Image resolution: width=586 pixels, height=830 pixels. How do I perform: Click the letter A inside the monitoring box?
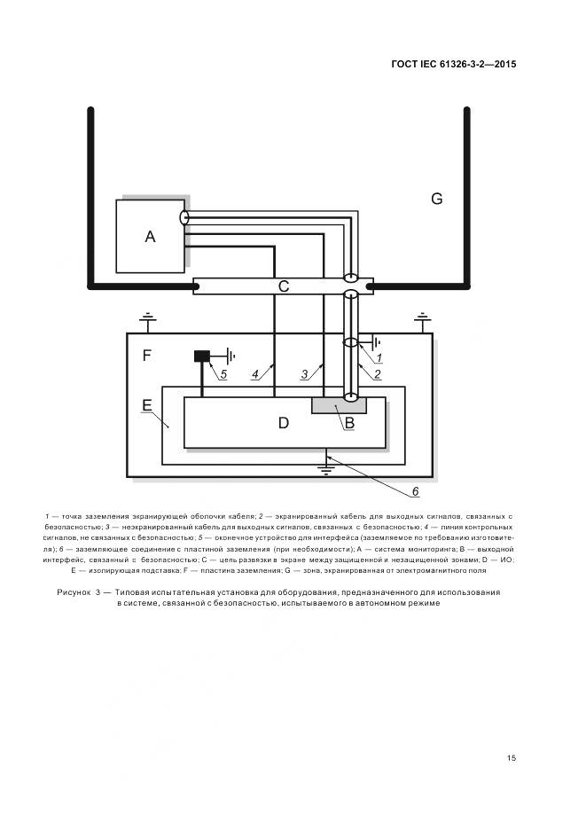tap(150, 237)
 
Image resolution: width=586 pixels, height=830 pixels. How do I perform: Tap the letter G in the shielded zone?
tap(436, 199)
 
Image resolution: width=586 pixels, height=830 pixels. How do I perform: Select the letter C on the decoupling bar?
tap(283, 286)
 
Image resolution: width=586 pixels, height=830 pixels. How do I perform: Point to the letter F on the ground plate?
tap(147, 356)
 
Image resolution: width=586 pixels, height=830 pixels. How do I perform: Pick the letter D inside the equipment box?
tap(283, 423)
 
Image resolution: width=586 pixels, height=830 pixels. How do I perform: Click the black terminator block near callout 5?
tap(202, 356)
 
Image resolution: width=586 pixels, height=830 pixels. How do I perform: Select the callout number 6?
tap(414, 490)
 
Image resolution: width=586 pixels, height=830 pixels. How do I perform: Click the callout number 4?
tap(254, 374)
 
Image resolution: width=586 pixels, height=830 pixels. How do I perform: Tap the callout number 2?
tap(377, 374)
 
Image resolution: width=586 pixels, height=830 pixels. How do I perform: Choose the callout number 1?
tap(379, 357)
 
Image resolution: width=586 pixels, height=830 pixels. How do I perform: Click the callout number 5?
tap(223, 374)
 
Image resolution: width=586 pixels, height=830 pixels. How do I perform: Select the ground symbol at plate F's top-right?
tap(424, 318)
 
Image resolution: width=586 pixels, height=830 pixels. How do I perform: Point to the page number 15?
tap(512, 757)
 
